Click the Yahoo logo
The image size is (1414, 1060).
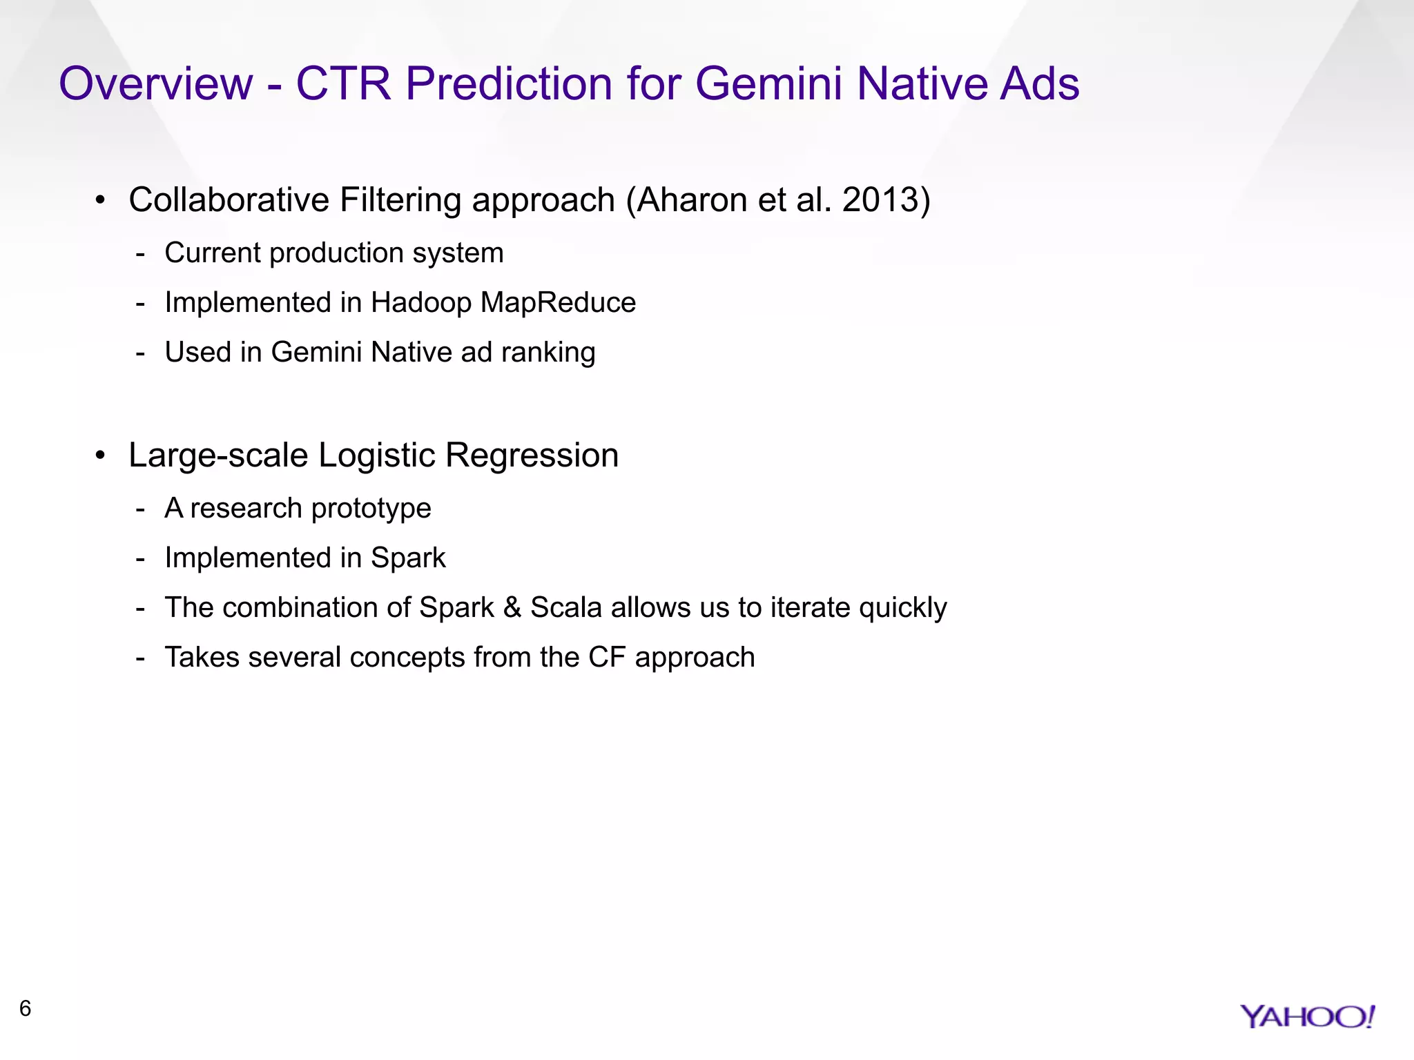pos(1307,1017)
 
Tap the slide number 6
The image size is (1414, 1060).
pos(26,1008)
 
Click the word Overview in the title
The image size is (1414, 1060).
pos(156,84)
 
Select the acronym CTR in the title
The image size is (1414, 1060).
pos(344,84)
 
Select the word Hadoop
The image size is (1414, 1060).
pos(421,302)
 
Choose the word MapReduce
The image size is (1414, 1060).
pos(558,302)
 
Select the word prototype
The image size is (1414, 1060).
pos(371,509)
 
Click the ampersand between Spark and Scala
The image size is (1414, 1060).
pos(512,608)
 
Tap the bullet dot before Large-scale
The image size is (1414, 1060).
pos(101,455)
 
